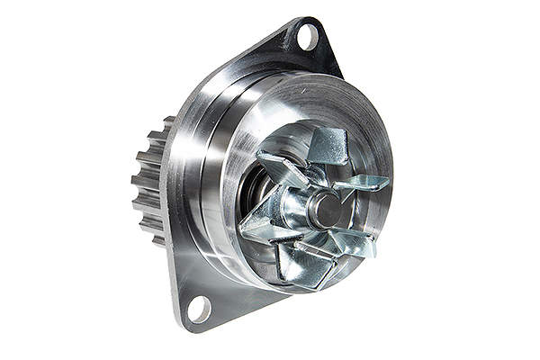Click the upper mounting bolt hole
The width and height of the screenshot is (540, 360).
tap(306, 37)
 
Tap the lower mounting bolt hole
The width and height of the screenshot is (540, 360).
tap(198, 310)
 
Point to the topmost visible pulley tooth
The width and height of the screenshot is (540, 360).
tap(167, 121)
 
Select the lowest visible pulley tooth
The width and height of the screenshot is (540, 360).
tap(158, 240)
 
